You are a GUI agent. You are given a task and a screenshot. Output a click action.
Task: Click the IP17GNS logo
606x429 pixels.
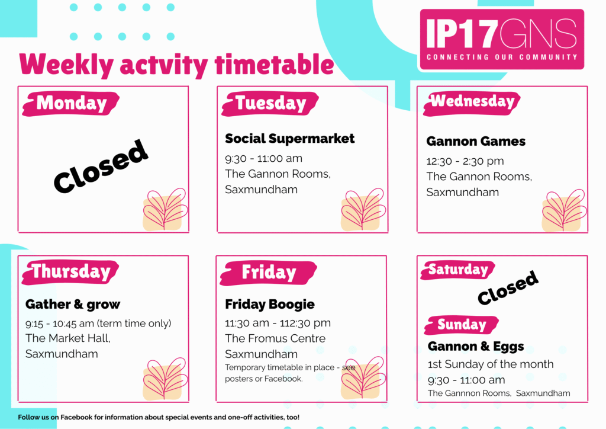point(502,40)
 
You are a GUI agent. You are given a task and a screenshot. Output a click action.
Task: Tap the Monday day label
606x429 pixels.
point(71,103)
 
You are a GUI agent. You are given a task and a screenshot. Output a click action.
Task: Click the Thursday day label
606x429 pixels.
point(70,272)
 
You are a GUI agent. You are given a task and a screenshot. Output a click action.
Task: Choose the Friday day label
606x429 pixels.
point(269,273)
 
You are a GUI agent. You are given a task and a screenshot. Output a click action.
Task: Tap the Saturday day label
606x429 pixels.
point(458,270)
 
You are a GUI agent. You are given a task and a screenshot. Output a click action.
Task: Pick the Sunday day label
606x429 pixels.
point(462,325)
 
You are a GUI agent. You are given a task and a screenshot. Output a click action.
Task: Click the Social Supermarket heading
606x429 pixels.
point(289,139)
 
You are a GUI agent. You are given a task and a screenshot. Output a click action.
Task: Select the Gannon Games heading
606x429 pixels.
point(476,141)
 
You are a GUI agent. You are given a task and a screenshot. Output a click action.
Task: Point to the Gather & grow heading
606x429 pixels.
point(73,305)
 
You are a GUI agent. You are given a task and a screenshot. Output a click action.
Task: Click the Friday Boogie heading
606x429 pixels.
point(270,305)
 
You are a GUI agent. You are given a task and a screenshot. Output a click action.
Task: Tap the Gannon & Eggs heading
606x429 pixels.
point(476,346)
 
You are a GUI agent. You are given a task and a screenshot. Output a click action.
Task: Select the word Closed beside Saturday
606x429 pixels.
point(508,287)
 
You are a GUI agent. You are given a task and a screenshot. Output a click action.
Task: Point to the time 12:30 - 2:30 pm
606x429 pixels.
point(465,161)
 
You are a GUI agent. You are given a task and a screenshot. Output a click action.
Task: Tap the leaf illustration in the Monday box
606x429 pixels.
point(165,209)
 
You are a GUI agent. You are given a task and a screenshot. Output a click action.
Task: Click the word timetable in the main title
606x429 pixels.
point(274,64)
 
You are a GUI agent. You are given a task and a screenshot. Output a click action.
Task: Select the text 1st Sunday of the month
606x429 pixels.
point(491,364)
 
